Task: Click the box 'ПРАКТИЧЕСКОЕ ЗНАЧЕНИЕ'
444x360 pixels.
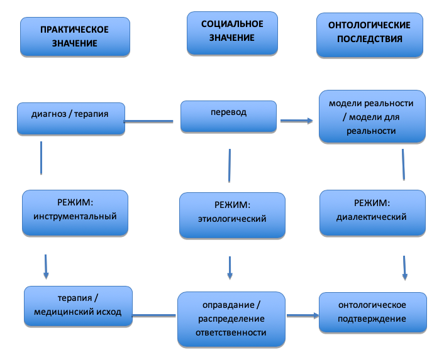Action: [75, 37]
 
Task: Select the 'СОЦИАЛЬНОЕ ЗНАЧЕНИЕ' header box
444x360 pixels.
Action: [232, 33]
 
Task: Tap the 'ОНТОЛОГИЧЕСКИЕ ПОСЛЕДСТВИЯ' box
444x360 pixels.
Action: [370, 35]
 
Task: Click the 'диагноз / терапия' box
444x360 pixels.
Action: [71, 119]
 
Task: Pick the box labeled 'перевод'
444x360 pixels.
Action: [228, 116]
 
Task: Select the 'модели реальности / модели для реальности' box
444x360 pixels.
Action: [372, 116]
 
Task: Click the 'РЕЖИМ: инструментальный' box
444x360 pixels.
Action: [75, 212]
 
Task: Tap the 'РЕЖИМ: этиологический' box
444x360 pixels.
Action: [232, 215]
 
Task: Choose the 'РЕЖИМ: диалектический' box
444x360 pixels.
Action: [372, 212]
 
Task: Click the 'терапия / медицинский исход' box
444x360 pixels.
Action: [78, 306]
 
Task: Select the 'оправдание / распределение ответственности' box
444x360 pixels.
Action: [231, 319]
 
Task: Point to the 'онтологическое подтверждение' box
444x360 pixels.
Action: [373, 312]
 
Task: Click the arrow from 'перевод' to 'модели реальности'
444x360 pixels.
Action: [297, 121]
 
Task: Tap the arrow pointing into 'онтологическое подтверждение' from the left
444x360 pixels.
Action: [303, 315]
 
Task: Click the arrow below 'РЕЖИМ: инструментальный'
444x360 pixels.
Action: [46, 267]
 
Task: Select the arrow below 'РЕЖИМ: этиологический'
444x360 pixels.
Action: [230, 268]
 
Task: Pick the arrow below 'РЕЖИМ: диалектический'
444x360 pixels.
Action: [404, 268]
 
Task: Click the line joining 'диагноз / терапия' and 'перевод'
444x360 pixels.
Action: [148, 121]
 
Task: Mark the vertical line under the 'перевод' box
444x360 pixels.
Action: [230, 165]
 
